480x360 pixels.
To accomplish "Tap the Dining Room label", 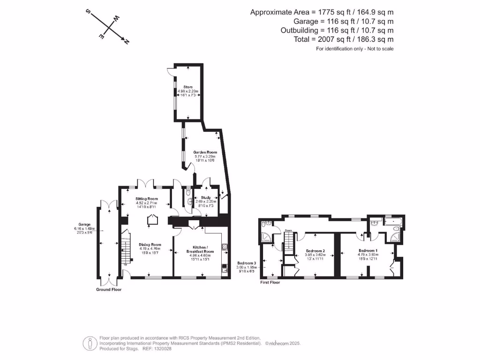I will (x=150, y=244).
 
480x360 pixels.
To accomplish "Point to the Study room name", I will (x=206, y=198).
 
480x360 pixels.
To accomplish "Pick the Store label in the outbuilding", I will (x=188, y=87).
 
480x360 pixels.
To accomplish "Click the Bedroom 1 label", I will (x=368, y=250).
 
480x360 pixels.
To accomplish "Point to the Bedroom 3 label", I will (x=246, y=263).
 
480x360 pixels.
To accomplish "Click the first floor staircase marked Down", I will (x=289, y=242).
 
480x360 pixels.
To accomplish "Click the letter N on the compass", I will (x=127, y=42).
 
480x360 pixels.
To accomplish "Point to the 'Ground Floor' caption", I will (x=109, y=290).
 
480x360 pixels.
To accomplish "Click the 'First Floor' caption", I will (x=270, y=283).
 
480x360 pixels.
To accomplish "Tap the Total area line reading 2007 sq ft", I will (x=344, y=39).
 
